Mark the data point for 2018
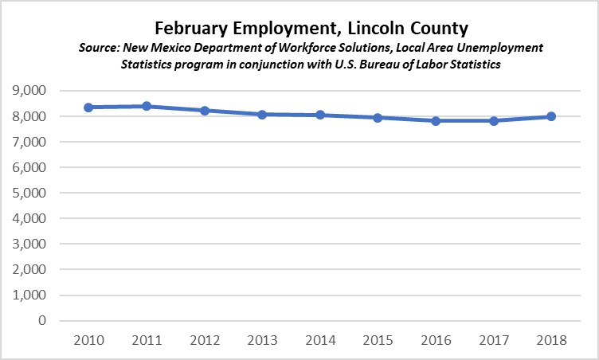[550, 116]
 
